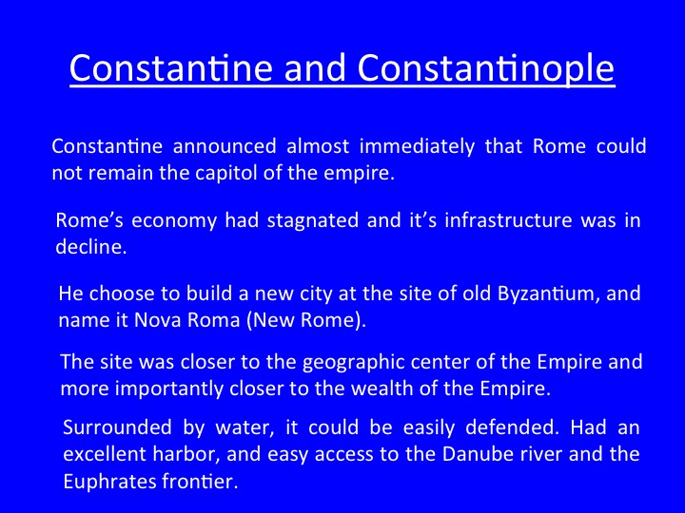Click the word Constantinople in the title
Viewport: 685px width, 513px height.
click(486, 67)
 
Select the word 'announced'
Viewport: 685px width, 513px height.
click(225, 146)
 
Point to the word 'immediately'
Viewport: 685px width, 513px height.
click(417, 147)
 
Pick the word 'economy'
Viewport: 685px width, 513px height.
click(174, 221)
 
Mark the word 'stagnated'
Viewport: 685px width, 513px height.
click(313, 220)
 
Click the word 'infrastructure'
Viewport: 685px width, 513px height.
click(508, 219)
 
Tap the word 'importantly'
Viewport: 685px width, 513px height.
click(168, 389)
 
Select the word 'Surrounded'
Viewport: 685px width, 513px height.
click(117, 427)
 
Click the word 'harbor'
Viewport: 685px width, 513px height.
click(186, 454)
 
